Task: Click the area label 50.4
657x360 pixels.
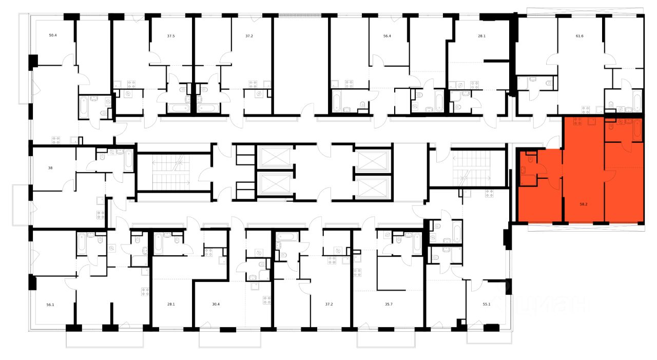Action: click(x=53, y=35)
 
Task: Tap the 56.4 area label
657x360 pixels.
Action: click(x=388, y=36)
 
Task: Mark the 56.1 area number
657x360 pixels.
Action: click(x=50, y=304)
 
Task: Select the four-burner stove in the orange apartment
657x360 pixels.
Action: click(x=577, y=122)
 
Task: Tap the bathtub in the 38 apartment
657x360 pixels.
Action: click(x=129, y=161)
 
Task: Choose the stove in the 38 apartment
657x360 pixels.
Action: click(x=101, y=215)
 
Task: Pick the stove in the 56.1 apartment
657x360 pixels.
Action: click(x=145, y=292)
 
